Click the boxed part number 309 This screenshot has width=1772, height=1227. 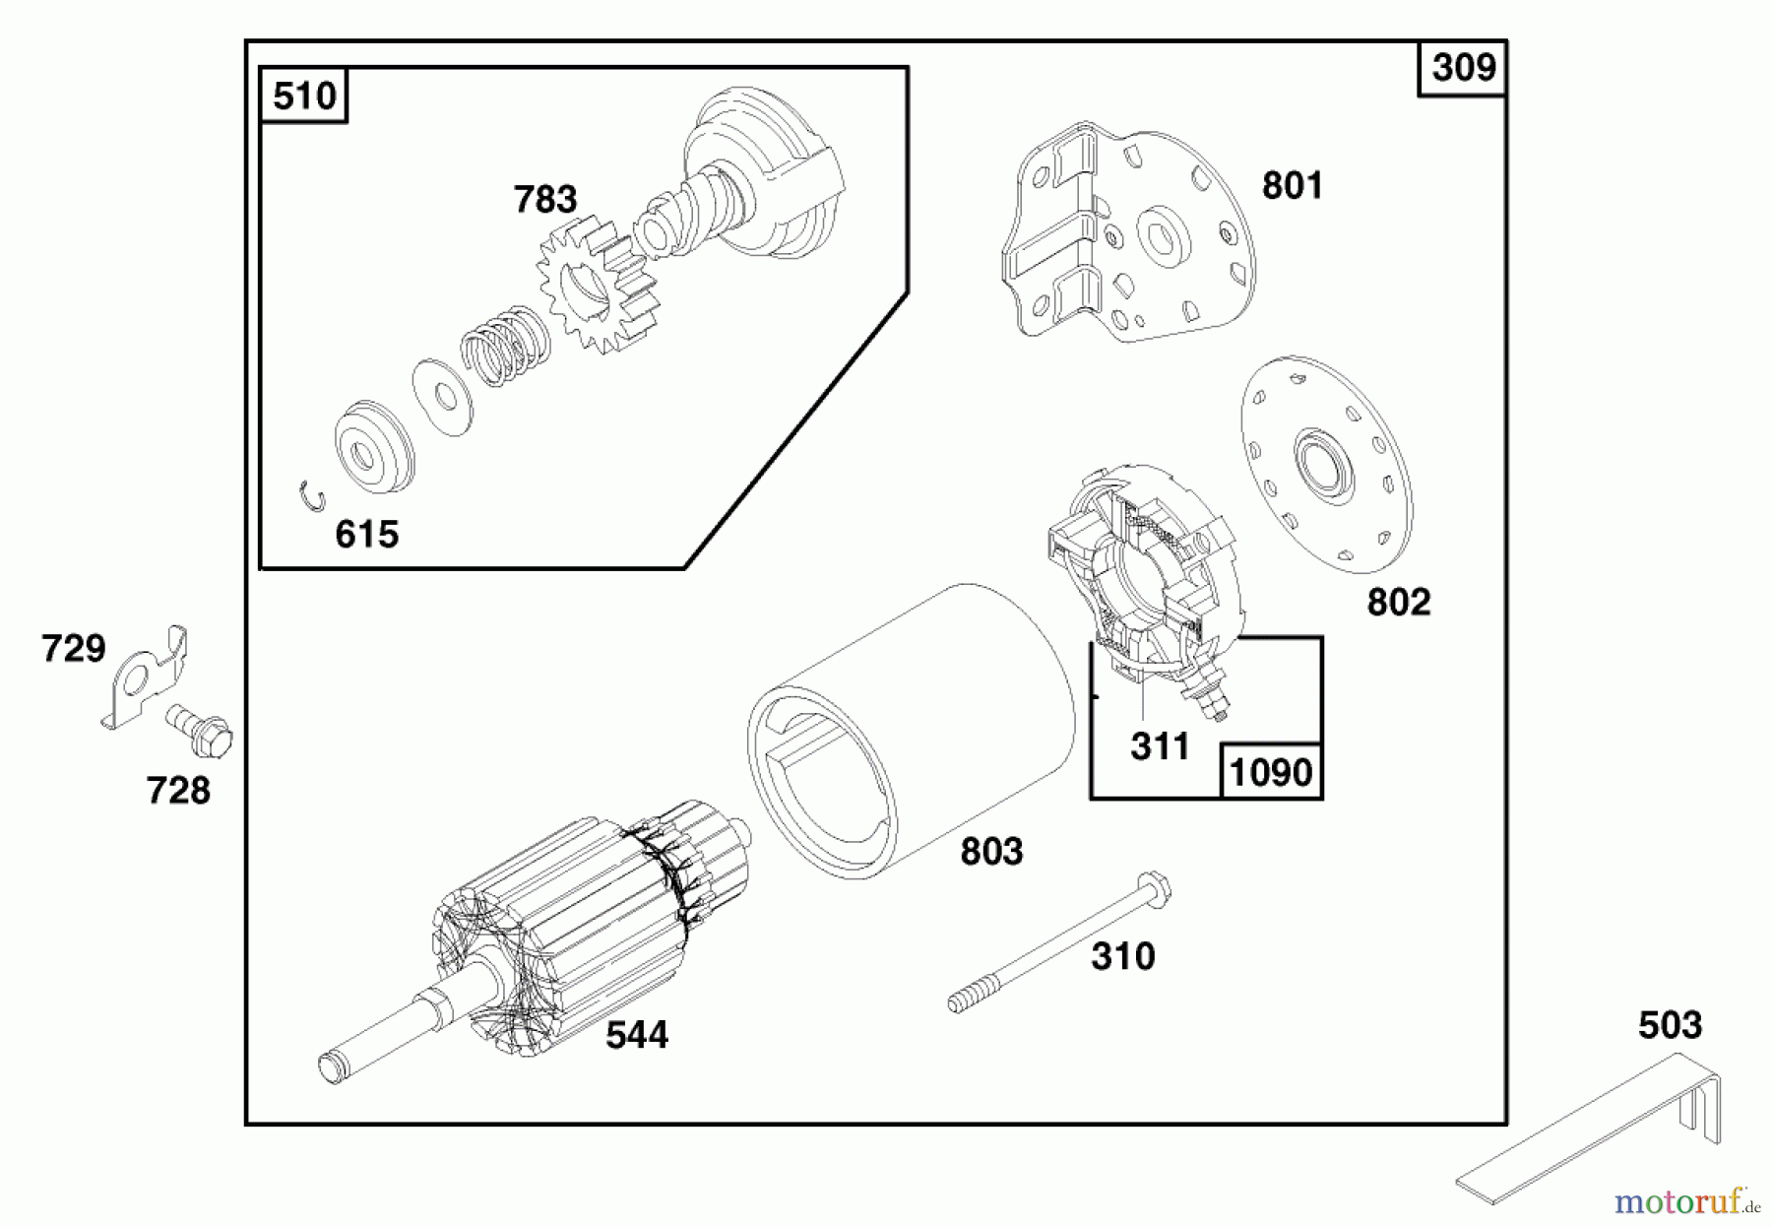tap(1463, 68)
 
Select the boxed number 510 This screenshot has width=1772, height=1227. tap(304, 97)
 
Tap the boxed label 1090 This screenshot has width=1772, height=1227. tap(1271, 772)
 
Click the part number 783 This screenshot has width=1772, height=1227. tap(544, 200)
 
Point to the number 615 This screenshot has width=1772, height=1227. tap(366, 534)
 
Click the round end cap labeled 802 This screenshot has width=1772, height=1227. tap(1326, 465)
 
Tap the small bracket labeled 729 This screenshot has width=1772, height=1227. tap(145, 677)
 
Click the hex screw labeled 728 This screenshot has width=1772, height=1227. tap(200, 731)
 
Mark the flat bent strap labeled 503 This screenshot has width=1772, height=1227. tap(1590, 1128)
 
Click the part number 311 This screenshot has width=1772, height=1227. tap(1160, 746)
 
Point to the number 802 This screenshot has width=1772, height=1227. tap(1398, 602)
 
